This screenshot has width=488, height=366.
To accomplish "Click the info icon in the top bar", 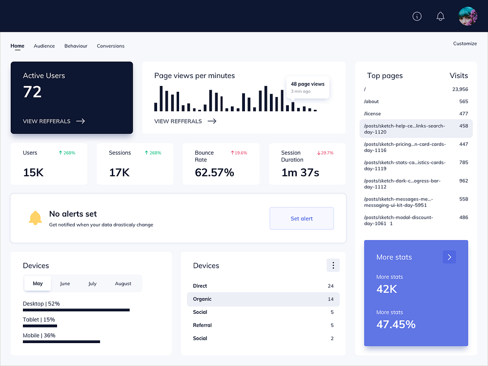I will click(x=417, y=16).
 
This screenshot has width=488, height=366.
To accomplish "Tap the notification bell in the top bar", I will click(x=440, y=16).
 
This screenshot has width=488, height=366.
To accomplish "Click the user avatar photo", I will click(x=468, y=16).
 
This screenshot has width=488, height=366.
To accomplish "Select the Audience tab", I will click(x=44, y=46).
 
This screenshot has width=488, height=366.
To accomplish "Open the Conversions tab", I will click(x=110, y=46).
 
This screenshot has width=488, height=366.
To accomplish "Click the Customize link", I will click(x=465, y=43).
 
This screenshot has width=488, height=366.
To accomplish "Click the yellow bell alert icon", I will click(x=35, y=218).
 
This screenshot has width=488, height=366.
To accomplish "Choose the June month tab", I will click(x=65, y=284).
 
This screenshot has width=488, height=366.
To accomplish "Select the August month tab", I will click(x=123, y=284).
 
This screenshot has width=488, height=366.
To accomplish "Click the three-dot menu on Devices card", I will click(x=333, y=265).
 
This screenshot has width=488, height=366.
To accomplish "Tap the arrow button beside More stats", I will click(x=449, y=257).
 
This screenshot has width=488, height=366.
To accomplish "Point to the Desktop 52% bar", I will click(x=76, y=310).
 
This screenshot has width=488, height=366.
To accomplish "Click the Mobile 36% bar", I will click(x=61, y=342).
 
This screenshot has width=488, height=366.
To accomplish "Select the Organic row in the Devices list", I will click(x=263, y=299).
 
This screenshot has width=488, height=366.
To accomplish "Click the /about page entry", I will click(x=371, y=102).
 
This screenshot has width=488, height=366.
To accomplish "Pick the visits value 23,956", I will click(x=460, y=89).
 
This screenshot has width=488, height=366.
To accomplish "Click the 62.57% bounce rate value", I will click(x=214, y=172).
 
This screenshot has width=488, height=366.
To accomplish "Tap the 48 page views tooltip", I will click(x=307, y=87).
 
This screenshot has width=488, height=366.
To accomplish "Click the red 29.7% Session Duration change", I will click(x=325, y=153).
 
